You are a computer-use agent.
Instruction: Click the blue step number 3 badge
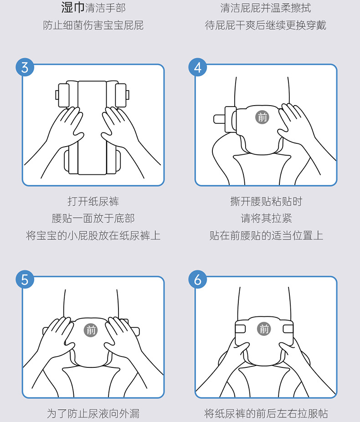tap(25, 67)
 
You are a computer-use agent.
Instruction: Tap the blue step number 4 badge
tap(197, 67)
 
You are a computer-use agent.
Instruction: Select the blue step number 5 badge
tap(25, 280)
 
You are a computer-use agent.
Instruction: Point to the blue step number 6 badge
tap(197, 280)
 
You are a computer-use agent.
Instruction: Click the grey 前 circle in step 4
tap(262, 117)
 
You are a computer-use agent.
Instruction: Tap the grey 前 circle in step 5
tap(91, 330)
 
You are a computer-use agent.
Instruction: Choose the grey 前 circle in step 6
tap(264, 329)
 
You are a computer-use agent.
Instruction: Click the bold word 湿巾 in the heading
tap(73, 7)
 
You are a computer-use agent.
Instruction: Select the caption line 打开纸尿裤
tap(93, 201)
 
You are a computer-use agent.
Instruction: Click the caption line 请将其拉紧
tap(266, 218)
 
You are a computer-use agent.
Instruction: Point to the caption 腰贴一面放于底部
tap(93, 218)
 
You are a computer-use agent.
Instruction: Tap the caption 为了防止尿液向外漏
tap(93, 413)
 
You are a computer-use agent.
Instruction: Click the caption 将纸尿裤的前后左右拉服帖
tap(266, 413)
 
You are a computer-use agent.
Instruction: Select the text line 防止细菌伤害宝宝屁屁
tap(93, 25)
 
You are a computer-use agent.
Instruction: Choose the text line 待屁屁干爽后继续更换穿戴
tap(266, 25)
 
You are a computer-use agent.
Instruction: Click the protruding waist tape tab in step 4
tap(220, 119)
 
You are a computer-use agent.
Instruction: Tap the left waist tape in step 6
tap(240, 329)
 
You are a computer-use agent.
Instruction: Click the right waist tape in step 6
tap(288, 329)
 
